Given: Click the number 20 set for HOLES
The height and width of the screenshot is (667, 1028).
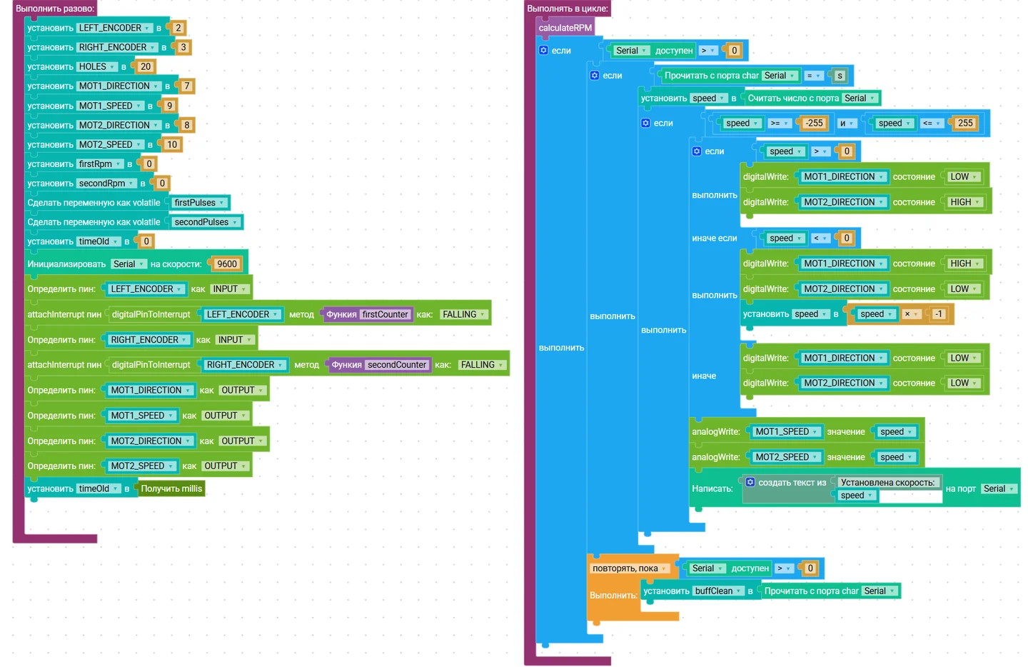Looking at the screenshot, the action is (146, 66).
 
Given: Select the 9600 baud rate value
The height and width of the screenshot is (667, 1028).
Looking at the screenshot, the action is (227, 264).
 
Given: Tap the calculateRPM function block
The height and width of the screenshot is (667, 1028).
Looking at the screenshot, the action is (565, 28).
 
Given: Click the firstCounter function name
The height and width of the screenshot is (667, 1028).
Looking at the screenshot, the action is (385, 314).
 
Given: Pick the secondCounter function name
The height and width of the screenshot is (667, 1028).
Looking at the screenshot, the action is (397, 364).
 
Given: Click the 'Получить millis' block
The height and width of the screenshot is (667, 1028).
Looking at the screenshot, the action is (171, 488).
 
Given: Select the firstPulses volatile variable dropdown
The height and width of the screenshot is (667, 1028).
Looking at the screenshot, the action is (200, 202).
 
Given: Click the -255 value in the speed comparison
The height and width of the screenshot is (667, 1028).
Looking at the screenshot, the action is (814, 123).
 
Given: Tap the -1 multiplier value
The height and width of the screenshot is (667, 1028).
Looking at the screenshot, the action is (939, 314).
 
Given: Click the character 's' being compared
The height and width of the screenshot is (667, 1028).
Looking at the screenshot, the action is (840, 75).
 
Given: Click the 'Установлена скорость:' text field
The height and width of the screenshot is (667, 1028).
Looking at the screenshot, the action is (887, 483).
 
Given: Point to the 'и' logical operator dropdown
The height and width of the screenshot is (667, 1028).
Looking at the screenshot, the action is (846, 123).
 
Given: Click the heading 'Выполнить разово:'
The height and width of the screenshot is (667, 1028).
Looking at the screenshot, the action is (55, 9).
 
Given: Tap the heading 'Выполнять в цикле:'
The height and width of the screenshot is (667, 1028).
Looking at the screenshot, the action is (568, 9).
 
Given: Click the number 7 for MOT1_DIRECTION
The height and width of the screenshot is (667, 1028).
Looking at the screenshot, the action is (186, 86).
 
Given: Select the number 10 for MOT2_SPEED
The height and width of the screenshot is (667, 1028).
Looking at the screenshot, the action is (171, 144).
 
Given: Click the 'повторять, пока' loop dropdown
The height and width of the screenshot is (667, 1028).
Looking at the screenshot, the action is (629, 568).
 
